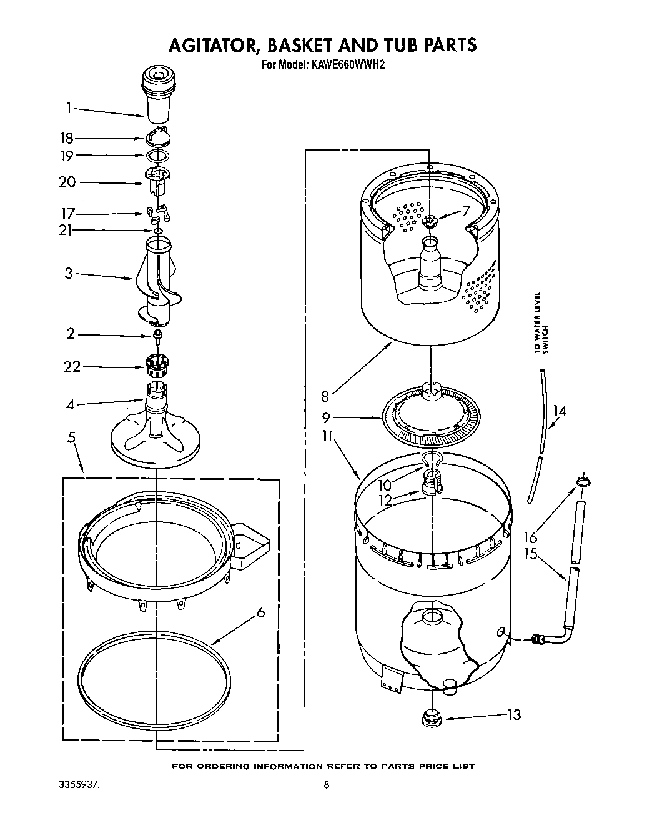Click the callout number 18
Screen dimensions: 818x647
[x=66, y=139]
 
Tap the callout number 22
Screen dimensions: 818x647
[x=72, y=366]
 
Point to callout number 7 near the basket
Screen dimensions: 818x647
[x=465, y=211]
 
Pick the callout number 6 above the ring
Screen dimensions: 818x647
[x=260, y=612]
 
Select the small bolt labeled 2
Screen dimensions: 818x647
[x=158, y=337]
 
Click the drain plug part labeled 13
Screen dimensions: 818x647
[x=430, y=717]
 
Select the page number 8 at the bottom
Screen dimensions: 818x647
[x=326, y=785]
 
